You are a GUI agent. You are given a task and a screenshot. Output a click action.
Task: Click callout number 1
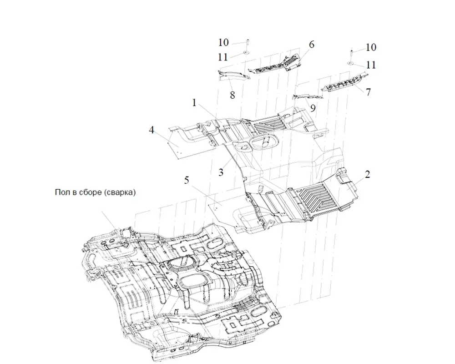pos(194,103)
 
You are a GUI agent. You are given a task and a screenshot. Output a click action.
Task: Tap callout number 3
pos(221,172)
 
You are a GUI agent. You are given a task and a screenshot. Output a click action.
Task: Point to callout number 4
pos(152,131)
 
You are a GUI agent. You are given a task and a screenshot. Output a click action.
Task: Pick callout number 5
pos(187,180)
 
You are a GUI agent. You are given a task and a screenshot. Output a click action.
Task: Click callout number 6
pos(312,45)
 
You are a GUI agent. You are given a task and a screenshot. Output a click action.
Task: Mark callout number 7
pos(368,92)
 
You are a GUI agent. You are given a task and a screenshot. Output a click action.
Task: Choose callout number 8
pos(232,96)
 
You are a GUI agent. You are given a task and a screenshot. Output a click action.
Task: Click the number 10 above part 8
pos(223,43)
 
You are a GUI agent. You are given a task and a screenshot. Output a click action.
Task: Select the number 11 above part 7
pos(371,65)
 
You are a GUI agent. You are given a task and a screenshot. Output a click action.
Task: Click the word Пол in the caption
pos(62,192)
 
